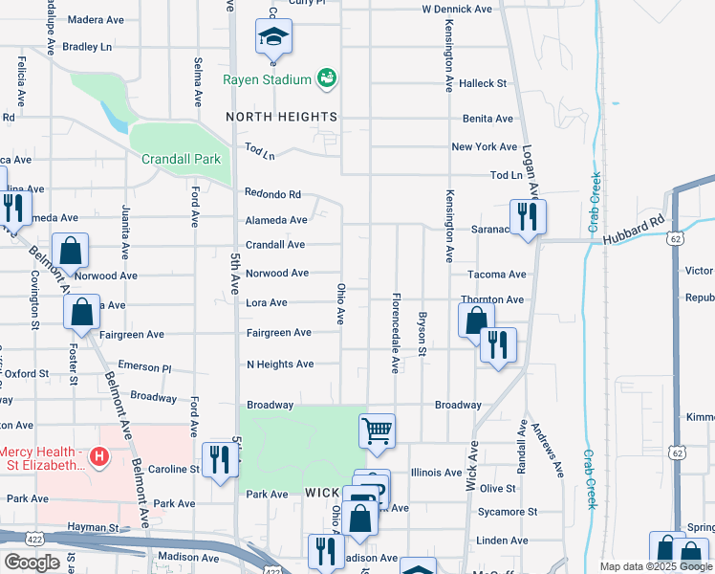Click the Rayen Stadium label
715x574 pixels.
tap(268, 79)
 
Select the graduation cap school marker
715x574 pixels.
tap(273, 37)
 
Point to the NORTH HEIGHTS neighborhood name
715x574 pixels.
tap(282, 117)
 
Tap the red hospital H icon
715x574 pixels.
tap(97, 458)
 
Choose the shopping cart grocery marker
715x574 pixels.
tap(378, 430)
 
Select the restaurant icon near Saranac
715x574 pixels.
tap(527, 216)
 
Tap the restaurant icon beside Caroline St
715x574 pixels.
tap(220, 459)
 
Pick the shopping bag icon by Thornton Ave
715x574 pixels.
tap(475, 320)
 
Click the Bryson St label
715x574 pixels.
tap(421, 332)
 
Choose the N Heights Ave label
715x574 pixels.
tap(280, 364)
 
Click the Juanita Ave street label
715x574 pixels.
tap(125, 232)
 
